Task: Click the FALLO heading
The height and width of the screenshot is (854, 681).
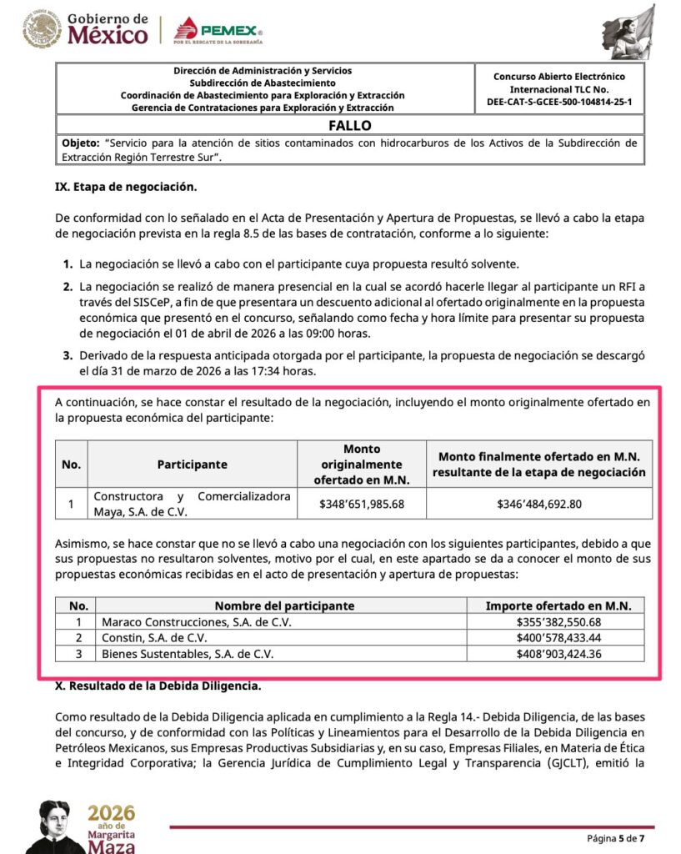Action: click(349, 125)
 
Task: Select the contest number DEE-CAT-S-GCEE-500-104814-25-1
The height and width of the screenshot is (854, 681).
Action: click(559, 102)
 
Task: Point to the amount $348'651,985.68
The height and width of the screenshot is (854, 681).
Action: click(362, 504)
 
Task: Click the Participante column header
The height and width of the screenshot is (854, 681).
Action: click(192, 465)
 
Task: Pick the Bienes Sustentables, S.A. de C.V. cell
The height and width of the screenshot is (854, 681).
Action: click(188, 654)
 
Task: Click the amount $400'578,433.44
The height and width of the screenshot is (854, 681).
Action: click(558, 638)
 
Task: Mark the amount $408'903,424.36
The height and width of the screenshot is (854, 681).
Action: click(558, 654)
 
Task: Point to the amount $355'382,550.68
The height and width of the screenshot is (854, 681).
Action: click(558, 622)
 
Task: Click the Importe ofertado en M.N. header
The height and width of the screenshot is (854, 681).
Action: click(558, 605)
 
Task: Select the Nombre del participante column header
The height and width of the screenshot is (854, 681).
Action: click(284, 605)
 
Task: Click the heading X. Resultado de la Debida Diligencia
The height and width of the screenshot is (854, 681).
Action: click(158, 686)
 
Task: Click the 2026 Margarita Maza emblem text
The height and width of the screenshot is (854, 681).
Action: click(111, 826)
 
